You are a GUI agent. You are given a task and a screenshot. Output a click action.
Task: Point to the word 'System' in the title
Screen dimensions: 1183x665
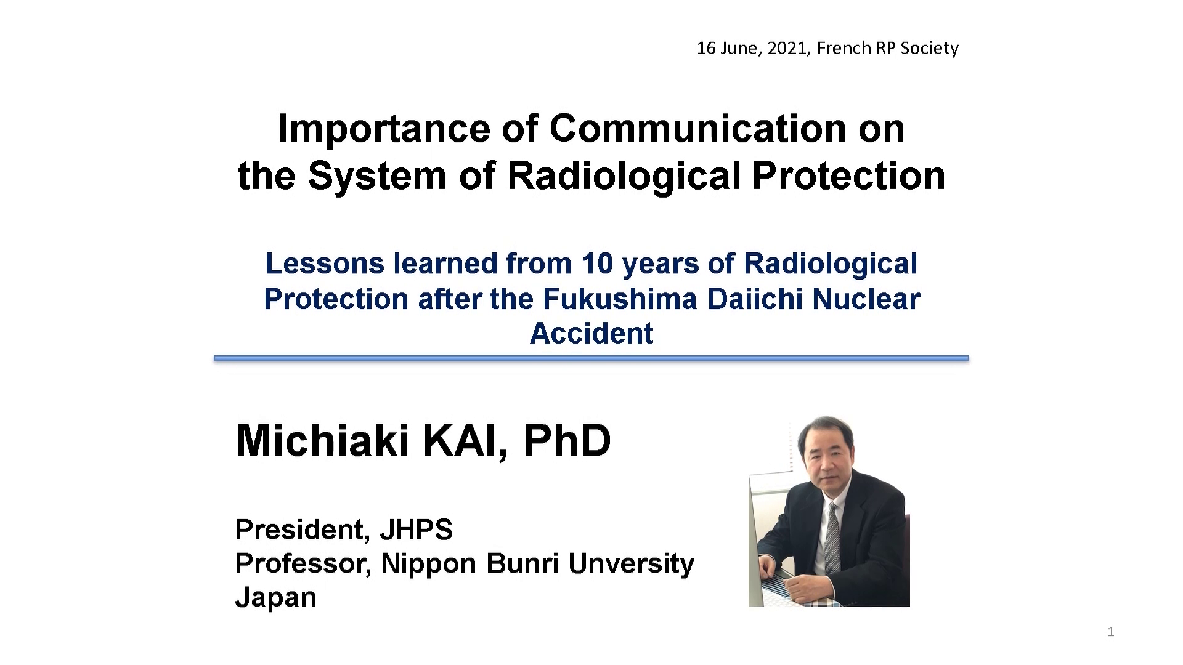pyautogui.click(x=376, y=176)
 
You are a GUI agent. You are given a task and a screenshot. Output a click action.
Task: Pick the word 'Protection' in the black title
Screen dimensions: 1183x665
pyautogui.click(x=849, y=176)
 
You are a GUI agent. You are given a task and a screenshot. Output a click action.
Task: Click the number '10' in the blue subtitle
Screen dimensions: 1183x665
pyautogui.click(x=598, y=264)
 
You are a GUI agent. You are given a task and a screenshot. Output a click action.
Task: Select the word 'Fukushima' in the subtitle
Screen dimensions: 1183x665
pyautogui.click(x=620, y=299)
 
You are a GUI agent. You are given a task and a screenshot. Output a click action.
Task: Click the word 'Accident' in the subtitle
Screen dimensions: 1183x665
pyautogui.click(x=591, y=333)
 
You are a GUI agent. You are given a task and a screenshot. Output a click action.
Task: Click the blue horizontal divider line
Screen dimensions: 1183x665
pyautogui.click(x=591, y=358)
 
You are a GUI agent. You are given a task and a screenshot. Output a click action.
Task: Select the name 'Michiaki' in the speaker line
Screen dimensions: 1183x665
pyautogui.click(x=322, y=441)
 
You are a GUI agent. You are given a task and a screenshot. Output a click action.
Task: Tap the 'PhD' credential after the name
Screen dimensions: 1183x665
pyautogui.click(x=567, y=441)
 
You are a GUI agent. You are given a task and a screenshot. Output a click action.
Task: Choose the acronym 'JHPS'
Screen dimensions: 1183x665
pyautogui.click(x=417, y=530)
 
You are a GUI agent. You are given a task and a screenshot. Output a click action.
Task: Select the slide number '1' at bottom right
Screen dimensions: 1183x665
pyautogui.click(x=1111, y=632)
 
